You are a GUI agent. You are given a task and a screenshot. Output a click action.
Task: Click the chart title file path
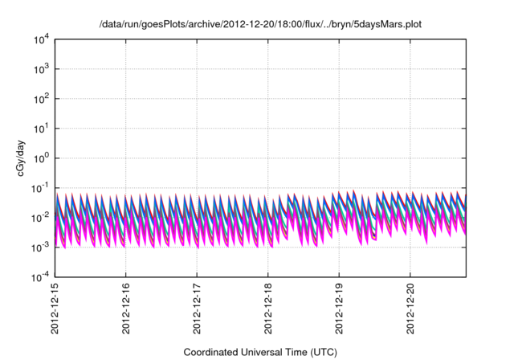[x=260, y=24]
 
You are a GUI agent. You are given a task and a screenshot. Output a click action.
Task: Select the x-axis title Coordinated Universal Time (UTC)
[x=260, y=352]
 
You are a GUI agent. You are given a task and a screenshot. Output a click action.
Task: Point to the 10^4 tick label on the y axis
[x=42, y=39]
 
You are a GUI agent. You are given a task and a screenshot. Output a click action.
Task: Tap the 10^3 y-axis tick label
[x=42, y=69]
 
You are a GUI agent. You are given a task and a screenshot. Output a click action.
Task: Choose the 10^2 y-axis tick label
[x=42, y=99]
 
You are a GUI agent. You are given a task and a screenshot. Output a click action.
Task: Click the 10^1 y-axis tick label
[x=42, y=129]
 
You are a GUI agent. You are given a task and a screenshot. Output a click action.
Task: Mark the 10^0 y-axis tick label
[x=42, y=158]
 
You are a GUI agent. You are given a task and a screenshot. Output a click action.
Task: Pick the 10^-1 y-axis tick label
[x=41, y=188]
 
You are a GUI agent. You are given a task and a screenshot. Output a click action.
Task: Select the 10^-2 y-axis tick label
[x=41, y=218]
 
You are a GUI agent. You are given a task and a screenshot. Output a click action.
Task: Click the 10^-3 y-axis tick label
[x=41, y=247]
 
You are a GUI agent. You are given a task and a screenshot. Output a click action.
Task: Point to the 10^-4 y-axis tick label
[x=41, y=277]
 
